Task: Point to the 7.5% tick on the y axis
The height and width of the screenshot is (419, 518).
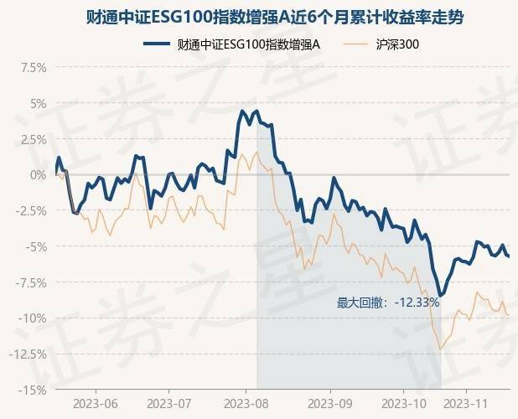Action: point(30,67)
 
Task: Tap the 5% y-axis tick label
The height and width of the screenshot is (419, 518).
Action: point(36,103)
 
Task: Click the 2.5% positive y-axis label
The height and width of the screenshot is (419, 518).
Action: point(30,139)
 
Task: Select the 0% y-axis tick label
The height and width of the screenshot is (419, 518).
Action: point(36,174)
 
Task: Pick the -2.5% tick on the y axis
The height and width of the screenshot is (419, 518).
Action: point(28,210)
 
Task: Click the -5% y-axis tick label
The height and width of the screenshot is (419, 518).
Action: point(34,246)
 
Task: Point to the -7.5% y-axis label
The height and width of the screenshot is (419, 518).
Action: point(28,282)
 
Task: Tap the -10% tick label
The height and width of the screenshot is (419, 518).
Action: point(31,318)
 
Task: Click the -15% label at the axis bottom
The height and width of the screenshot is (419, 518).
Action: point(31,390)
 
